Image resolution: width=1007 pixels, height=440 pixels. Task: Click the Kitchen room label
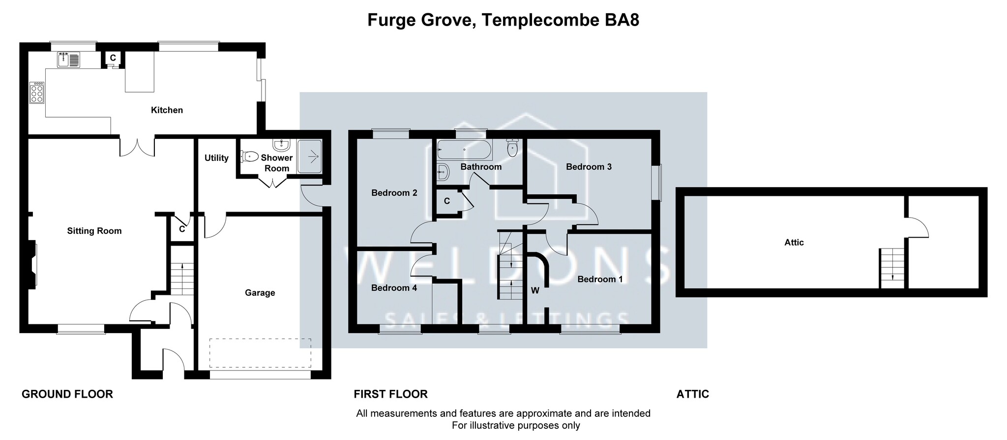coord(167,110)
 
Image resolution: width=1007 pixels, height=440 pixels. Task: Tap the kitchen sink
coord(69,60)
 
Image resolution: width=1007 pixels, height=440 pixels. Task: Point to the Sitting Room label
coord(94,231)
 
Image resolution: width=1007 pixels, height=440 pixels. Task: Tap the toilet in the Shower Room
coord(250,157)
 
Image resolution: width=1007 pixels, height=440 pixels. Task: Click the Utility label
coord(216,158)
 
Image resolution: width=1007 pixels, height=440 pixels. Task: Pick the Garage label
coord(260,293)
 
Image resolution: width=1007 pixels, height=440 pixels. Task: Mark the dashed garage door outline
coord(260,353)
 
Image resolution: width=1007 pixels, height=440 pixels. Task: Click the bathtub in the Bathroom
coord(464,149)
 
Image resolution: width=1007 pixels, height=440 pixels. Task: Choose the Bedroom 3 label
coord(589,167)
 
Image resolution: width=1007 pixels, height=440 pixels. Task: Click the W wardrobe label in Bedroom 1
coord(535,291)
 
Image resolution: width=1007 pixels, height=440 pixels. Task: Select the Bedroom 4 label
coord(394,288)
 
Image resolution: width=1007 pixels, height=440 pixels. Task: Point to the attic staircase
coord(892,268)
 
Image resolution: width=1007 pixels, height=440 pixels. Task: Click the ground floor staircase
coord(182,279)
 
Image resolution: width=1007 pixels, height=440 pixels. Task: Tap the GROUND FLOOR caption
coord(67,394)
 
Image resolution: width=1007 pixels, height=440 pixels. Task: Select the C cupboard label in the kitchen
coord(113,58)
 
